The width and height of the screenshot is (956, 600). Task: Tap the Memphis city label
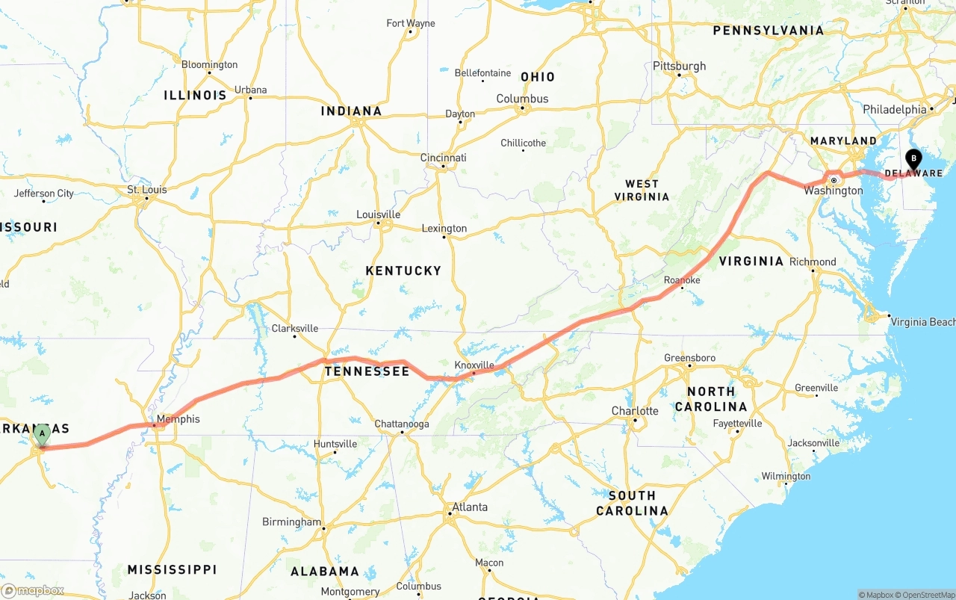179,419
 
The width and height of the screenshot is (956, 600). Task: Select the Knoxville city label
475,365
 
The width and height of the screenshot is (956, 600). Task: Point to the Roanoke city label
682,280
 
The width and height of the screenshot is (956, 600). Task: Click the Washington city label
834,191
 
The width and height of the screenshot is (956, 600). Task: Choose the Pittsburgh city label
679,66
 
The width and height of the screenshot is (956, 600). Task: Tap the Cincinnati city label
444,158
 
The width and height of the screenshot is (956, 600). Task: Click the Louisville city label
379,214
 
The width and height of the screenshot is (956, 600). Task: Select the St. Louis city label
147,190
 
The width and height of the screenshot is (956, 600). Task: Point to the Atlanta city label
470,507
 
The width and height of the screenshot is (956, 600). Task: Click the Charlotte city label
635,411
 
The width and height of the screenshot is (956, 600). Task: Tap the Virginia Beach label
922,322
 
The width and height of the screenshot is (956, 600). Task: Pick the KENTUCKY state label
403,270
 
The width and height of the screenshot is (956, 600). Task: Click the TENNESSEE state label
367,371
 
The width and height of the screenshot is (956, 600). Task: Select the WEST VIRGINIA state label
642,190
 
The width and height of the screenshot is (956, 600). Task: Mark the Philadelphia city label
894,109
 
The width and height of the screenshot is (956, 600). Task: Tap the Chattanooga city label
402,424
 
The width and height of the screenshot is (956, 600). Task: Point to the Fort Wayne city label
411,23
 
